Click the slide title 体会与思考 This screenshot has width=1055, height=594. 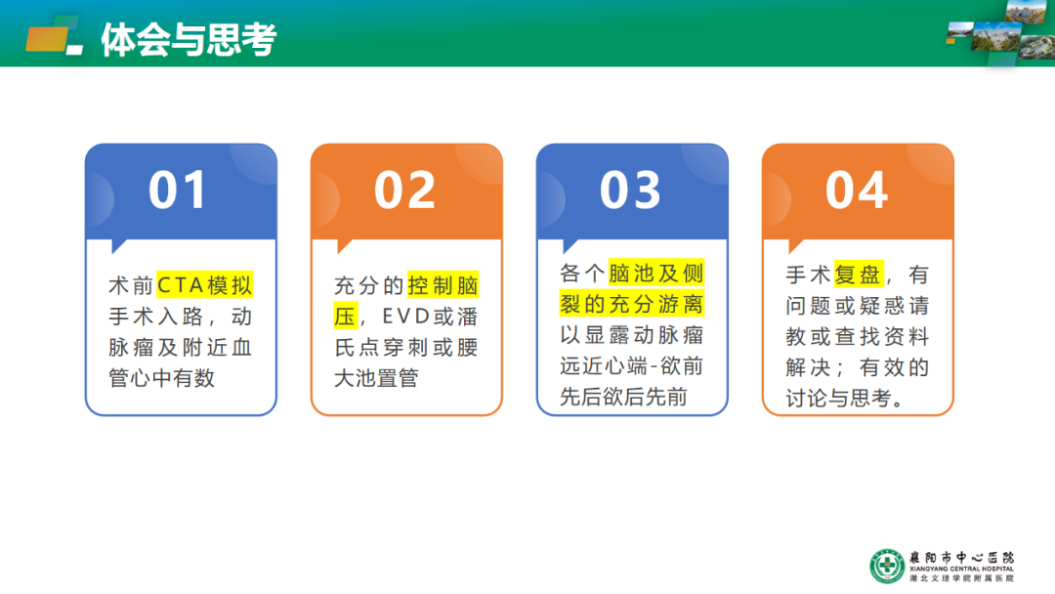[190, 40]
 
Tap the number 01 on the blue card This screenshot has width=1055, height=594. [178, 190]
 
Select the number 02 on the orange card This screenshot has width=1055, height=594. [404, 190]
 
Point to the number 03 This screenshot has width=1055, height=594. [630, 190]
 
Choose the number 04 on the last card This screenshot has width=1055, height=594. [857, 190]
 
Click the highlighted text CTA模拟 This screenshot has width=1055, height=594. [204, 285]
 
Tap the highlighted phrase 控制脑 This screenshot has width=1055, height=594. [443, 285]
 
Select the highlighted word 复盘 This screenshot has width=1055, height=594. [858, 275]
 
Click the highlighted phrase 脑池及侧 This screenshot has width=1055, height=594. [656, 274]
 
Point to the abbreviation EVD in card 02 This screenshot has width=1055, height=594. [405, 317]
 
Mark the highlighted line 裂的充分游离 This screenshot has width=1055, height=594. [632, 304]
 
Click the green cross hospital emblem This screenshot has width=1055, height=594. [887, 566]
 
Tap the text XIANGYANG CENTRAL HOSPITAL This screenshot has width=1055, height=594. [961, 570]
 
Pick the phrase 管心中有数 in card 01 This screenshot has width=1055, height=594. [162, 378]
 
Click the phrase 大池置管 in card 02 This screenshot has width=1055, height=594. [377, 378]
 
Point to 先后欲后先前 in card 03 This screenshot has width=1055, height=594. [623, 397]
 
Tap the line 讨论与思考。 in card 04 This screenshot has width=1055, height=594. [845, 399]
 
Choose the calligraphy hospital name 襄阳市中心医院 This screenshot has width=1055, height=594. [961, 558]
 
